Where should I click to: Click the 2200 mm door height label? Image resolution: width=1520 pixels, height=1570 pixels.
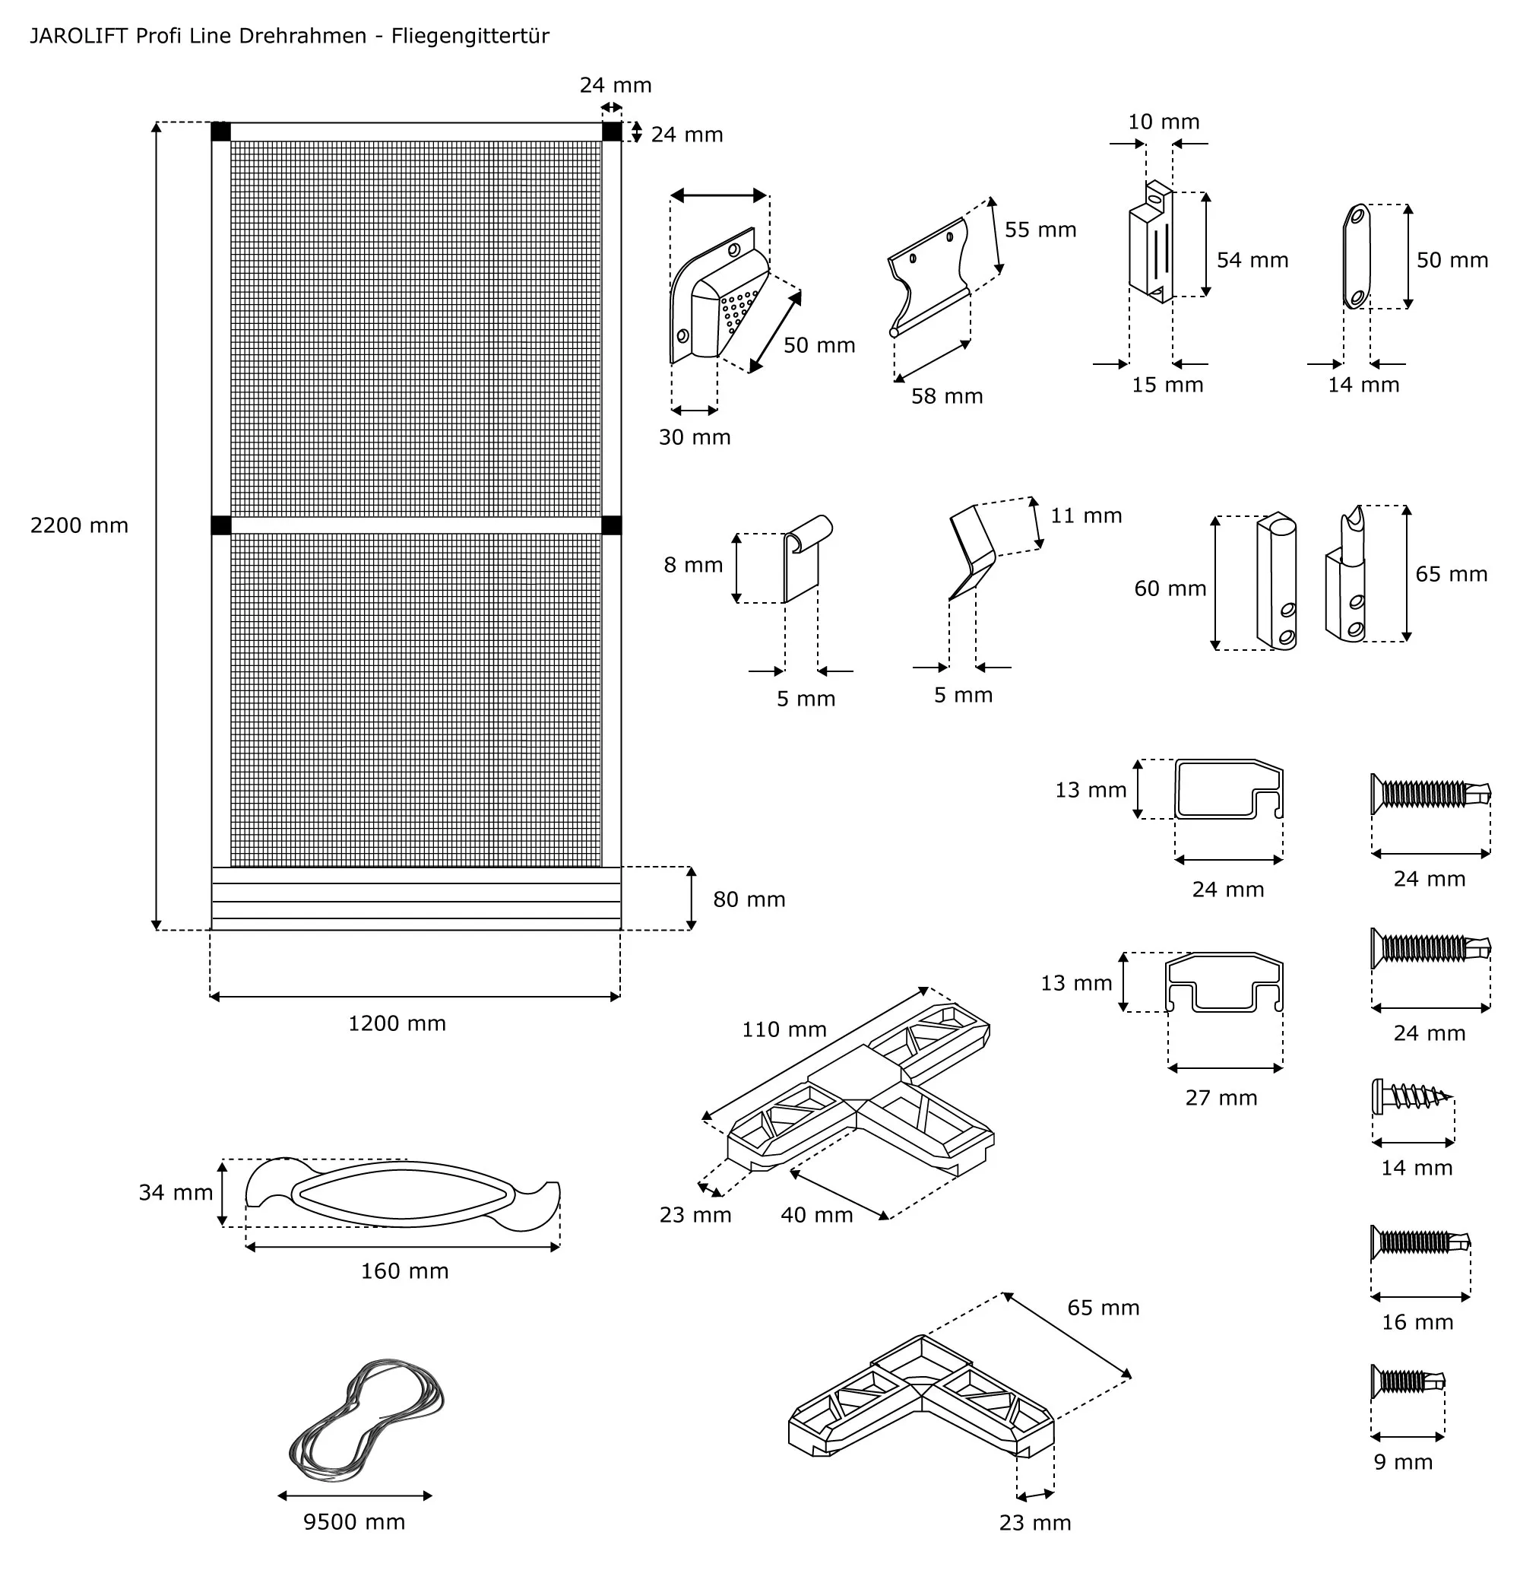(79, 525)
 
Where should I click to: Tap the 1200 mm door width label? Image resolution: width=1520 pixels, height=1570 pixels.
(397, 1023)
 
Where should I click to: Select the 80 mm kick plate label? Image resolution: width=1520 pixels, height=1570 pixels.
(749, 899)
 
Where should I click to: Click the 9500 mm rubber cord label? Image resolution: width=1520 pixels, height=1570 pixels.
(354, 1522)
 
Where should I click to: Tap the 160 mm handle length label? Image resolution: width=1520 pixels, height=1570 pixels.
(404, 1271)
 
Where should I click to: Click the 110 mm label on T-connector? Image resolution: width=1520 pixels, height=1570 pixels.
(784, 1030)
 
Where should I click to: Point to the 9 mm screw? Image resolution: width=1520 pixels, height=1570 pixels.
(1407, 1381)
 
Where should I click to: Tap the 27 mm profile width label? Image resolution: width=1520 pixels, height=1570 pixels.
(1221, 1098)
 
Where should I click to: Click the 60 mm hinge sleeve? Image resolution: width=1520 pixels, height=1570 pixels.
(1277, 581)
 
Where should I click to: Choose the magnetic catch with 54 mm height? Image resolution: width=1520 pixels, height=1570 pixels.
(1151, 244)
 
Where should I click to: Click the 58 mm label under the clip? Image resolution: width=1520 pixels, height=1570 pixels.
(947, 397)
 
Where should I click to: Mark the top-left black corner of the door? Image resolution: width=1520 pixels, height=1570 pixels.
(221, 132)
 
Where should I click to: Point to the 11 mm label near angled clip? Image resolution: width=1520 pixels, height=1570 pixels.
(1086, 515)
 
